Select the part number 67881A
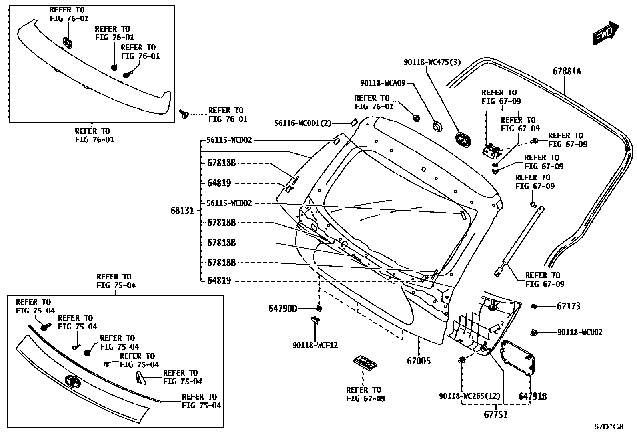567,72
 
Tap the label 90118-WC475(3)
432,62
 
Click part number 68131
182,211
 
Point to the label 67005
419,361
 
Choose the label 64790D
283,309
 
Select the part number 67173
568,306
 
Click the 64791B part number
532,396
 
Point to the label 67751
495,415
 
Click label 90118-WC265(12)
469,396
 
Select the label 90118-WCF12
315,345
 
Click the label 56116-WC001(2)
303,123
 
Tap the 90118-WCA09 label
383,83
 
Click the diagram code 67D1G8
608,427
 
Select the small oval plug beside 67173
534,307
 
